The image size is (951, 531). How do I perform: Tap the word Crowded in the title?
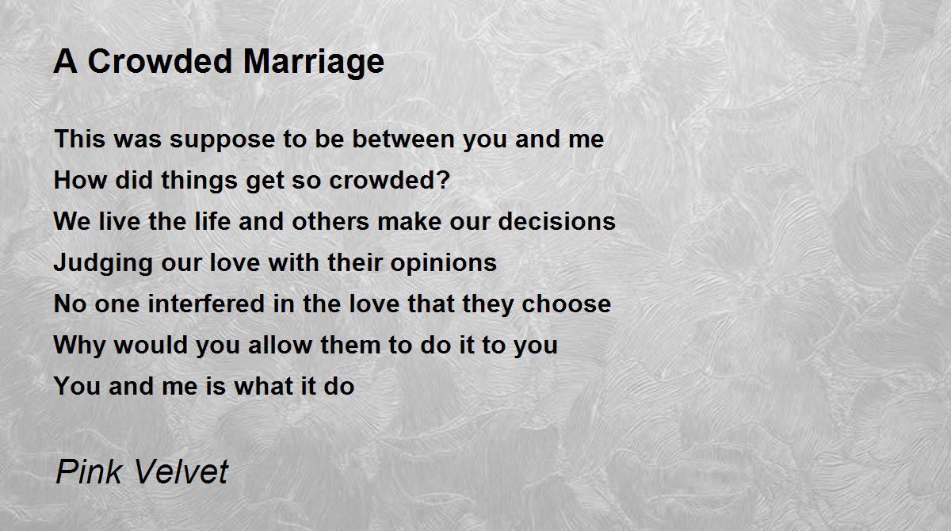point(160,61)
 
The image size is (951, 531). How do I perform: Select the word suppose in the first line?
point(223,141)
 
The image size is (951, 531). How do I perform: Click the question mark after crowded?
point(444,180)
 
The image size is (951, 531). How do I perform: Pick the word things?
point(199,181)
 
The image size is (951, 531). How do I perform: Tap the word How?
point(80,180)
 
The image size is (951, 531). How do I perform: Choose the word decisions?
point(556,221)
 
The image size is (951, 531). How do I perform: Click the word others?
point(330,221)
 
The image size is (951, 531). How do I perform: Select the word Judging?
point(103,264)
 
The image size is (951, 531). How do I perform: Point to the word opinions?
point(443,264)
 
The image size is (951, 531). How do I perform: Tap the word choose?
point(566,304)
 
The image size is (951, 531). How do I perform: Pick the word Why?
point(79,346)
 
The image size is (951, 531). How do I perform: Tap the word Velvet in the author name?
point(181,472)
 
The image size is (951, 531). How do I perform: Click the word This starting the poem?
point(79,139)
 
